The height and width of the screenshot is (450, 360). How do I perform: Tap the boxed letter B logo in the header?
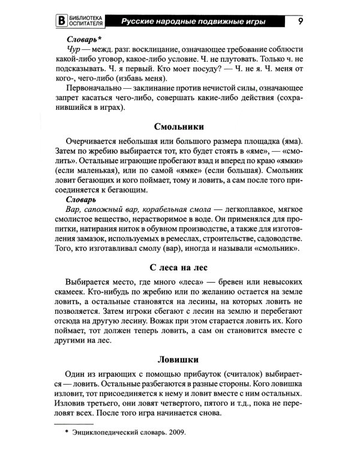click(x=59, y=23)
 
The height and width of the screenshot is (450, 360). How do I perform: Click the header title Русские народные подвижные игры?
click(x=193, y=23)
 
